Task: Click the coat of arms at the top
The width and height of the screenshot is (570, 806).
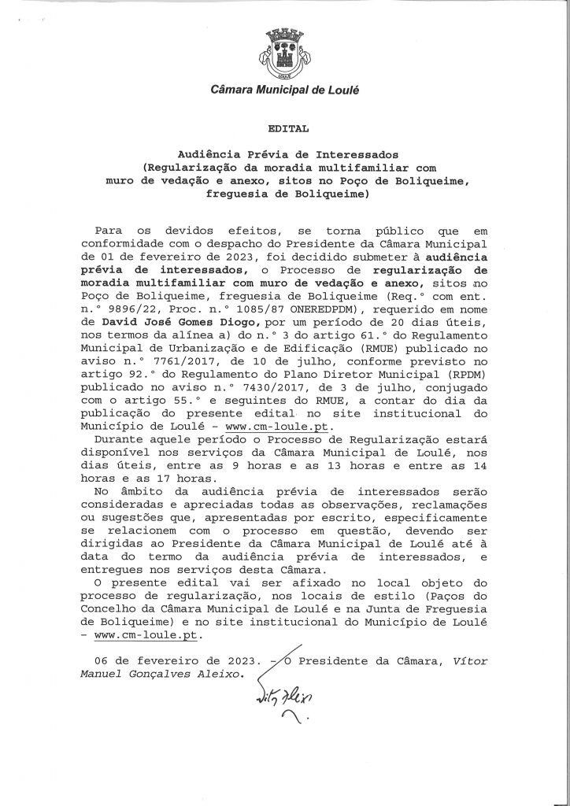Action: (285, 55)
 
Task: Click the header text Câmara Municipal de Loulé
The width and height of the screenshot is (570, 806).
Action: (285, 91)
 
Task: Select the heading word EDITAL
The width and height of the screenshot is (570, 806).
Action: (284, 128)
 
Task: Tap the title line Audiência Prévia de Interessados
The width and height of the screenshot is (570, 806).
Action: (285, 154)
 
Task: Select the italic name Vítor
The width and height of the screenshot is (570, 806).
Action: (469, 661)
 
